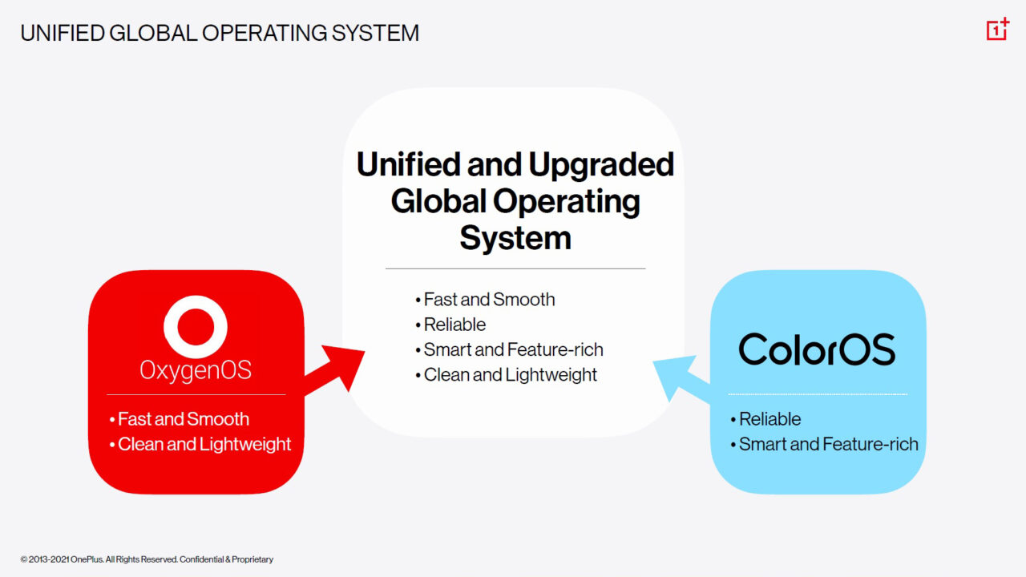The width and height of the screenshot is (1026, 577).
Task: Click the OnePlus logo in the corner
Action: (996, 30)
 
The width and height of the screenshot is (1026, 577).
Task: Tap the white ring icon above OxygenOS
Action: (196, 326)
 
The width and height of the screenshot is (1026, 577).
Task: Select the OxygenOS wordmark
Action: (196, 369)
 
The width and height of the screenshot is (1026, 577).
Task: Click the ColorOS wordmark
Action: (817, 349)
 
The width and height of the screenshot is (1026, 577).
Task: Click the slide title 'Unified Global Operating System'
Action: (220, 33)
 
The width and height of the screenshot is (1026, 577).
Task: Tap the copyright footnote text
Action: (147, 559)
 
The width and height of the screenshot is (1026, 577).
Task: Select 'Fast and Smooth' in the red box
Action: (183, 419)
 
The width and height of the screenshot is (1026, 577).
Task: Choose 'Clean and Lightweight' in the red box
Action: (204, 444)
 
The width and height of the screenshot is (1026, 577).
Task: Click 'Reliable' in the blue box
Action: (769, 419)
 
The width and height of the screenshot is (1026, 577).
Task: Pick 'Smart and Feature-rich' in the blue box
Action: (828, 444)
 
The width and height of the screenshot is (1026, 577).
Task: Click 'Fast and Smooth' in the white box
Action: (489, 300)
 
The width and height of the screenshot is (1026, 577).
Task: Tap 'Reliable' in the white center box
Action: (454, 325)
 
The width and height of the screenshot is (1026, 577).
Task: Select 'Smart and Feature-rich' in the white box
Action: (513, 349)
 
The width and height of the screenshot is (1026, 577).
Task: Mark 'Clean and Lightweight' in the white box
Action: (510, 374)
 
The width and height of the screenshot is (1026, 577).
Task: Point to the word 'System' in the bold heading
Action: (515, 238)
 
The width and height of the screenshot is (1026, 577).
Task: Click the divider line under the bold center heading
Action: (515, 268)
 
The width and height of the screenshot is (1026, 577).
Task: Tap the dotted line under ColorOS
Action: (817, 394)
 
